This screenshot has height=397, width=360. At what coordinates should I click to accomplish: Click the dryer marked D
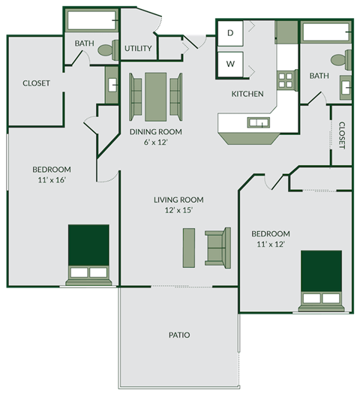tap(231, 33)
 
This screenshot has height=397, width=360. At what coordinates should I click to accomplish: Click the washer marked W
tap(231, 64)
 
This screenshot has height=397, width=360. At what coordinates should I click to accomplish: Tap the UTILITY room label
tap(139, 49)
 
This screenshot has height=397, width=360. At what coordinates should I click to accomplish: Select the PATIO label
tap(178, 335)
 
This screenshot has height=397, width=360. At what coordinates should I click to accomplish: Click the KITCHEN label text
tap(247, 94)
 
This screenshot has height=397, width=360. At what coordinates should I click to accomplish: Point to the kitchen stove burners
tap(286, 80)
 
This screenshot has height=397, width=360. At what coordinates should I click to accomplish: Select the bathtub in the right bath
tap(326, 32)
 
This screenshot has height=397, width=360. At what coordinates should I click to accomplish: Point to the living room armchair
tap(217, 248)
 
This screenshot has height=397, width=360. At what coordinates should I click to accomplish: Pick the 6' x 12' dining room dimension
tap(156, 142)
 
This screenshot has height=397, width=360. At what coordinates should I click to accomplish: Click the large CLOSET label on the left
tap(36, 83)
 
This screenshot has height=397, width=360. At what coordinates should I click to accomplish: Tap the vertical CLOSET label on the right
tap(341, 135)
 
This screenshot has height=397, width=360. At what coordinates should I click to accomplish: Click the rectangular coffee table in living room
tap(189, 248)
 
